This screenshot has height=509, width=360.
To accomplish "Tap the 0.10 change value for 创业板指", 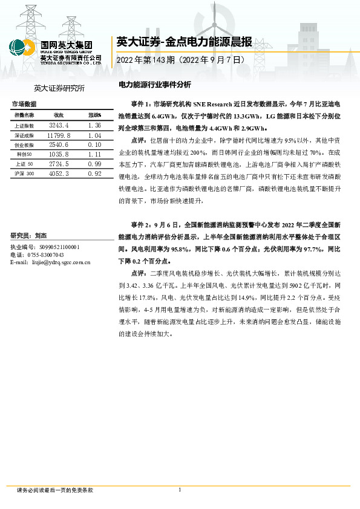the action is [94, 145].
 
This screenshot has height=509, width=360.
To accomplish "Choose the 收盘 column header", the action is [59, 115].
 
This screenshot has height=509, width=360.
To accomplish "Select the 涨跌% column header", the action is [94, 115].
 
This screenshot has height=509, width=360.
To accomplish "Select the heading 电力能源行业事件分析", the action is [154, 85].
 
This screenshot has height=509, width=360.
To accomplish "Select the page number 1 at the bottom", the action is [180, 490].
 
